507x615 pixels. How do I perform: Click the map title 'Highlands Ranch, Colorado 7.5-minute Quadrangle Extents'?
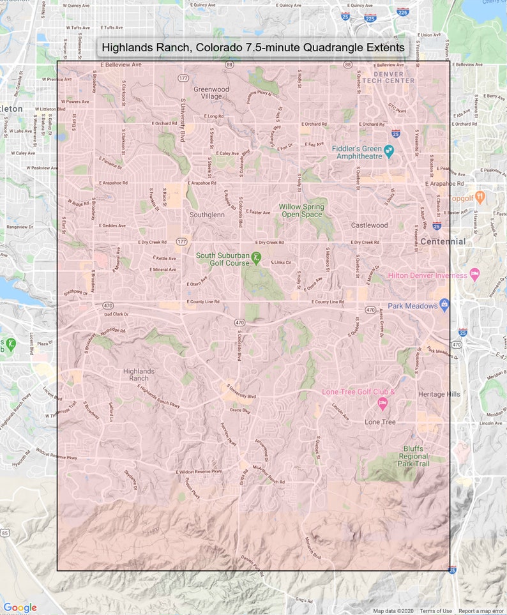coord(253,48)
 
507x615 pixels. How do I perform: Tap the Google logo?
coord(20,607)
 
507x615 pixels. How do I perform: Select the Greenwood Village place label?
coord(211,93)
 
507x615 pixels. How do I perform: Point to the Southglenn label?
coord(207,215)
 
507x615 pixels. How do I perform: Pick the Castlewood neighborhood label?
coord(369,225)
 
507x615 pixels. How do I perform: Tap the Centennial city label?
coord(443,241)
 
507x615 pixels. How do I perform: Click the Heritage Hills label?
coord(439,395)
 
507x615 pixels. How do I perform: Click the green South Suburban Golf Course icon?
coord(256,258)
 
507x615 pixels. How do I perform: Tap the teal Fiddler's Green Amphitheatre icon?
coord(389,151)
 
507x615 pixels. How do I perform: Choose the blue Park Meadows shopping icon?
coord(444,305)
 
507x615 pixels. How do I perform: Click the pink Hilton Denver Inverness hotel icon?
coord(474,274)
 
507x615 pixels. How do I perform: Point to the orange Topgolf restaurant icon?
coord(480,195)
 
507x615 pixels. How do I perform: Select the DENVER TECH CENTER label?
coord(391,77)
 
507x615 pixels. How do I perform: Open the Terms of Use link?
coord(435,611)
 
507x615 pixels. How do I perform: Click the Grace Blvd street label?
coord(239,410)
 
